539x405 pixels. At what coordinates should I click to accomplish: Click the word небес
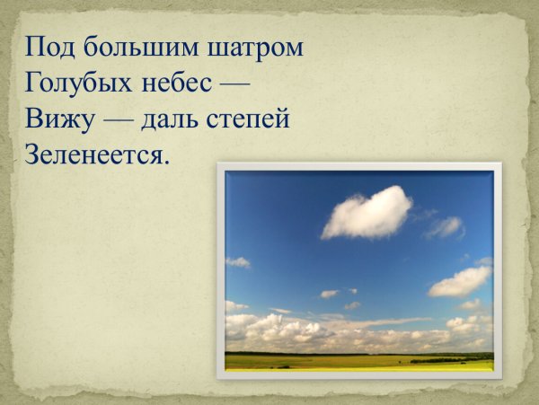pyautogui.click(x=179, y=84)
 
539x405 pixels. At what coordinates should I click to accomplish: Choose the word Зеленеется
pyautogui.click(x=93, y=154)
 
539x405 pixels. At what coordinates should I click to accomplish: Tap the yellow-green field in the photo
pyautogui.click(x=359, y=362)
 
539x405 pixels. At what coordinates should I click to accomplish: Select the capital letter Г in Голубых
pyautogui.click(x=33, y=83)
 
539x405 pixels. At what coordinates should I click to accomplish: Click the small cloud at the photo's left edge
pyautogui.click(x=237, y=262)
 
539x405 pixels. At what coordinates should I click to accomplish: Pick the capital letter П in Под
pyautogui.click(x=36, y=47)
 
